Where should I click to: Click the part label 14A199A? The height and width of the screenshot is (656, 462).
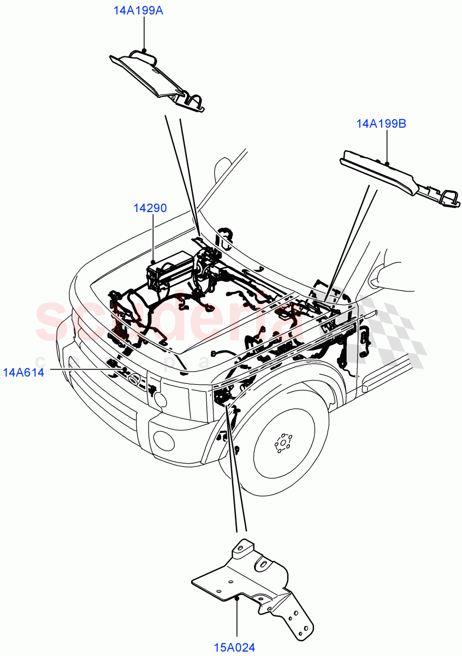(138, 11)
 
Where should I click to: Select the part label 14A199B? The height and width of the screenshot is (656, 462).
(381, 124)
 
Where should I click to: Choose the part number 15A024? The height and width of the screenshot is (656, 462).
(234, 648)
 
